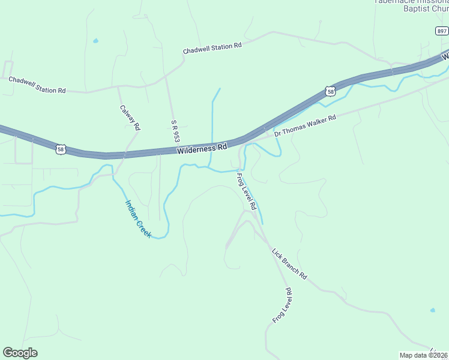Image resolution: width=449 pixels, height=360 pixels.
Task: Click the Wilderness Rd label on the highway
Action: tap(202, 148)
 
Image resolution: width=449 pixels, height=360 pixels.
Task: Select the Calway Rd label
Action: tap(130, 118)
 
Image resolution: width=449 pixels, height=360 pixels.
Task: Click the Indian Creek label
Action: tap(137, 218)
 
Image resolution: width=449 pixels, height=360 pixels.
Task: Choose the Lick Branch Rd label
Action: tap(289, 264)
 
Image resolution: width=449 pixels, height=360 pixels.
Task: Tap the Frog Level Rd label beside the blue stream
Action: tap(246, 191)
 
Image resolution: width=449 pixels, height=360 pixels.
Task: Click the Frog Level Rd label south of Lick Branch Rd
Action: tap(282, 305)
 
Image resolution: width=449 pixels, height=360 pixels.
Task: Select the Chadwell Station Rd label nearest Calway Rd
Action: tap(37, 85)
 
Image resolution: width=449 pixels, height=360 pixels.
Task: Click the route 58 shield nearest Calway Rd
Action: tap(60, 149)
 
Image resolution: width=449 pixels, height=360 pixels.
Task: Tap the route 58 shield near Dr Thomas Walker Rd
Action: tap(331, 91)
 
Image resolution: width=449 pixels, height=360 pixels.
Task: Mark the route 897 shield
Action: tap(441, 31)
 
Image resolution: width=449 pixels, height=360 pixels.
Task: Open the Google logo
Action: tap(20, 353)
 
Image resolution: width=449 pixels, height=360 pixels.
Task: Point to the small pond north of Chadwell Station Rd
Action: tap(95, 41)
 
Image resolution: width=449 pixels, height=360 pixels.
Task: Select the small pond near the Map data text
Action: tap(432, 310)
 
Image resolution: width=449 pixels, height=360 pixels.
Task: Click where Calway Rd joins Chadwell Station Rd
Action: tap(118, 87)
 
